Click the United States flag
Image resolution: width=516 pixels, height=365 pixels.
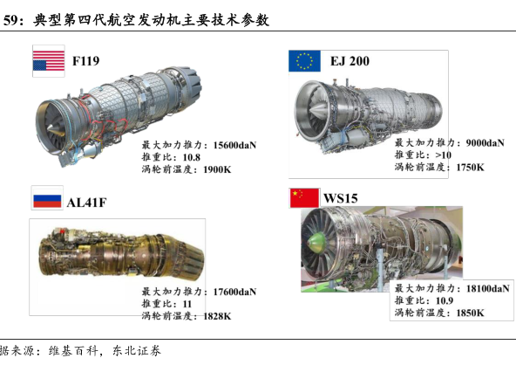click(x=49, y=60)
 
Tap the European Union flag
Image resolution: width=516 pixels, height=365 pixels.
click(x=304, y=60)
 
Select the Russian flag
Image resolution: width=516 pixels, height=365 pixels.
click(x=47, y=201)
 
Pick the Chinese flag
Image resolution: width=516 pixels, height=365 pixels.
click(x=304, y=198)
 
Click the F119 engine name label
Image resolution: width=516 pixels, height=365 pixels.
click(x=86, y=61)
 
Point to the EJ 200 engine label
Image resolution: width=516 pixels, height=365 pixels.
click(x=350, y=61)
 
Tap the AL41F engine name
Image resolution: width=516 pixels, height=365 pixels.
click(x=86, y=203)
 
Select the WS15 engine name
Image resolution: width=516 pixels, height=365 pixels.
click(x=341, y=198)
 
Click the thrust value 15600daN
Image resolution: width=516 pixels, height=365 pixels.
click(x=234, y=145)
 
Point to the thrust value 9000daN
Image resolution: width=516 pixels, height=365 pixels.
click(x=485, y=142)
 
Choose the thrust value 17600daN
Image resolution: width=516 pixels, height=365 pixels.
click(x=234, y=292)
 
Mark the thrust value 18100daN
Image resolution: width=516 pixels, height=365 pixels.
click(x=488, y=288)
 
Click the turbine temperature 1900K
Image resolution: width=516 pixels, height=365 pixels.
click(x=217, y=169)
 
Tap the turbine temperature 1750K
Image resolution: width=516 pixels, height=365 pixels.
click(x=471, y=167)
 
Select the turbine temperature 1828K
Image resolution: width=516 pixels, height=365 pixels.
click(x=217, y=316)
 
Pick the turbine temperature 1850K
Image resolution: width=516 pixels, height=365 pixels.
click(x=471, y=313)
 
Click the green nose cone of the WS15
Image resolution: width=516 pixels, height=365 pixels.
click(x=315, y=244)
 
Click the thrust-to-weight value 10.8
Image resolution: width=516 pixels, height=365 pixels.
click(x=192, y=157)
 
